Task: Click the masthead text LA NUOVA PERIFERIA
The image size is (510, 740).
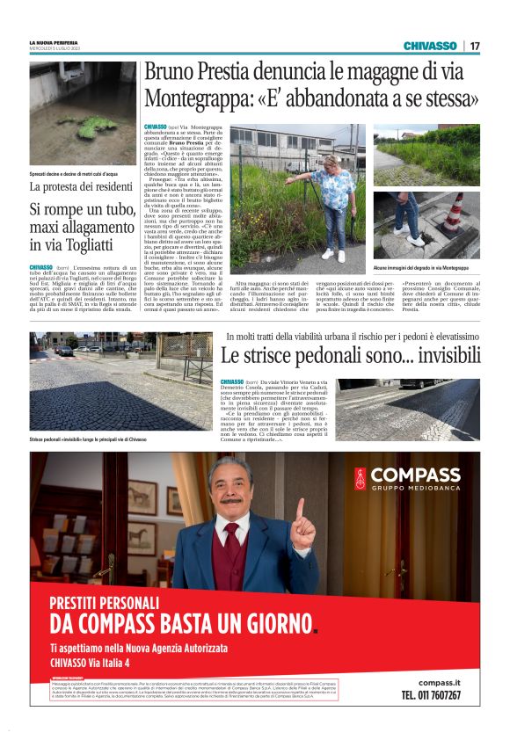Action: tap(54, 42)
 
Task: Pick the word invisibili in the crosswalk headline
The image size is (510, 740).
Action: tap(446, 356)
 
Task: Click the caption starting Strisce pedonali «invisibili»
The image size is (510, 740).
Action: tap(88, 438)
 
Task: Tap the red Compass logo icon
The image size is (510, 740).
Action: tap(361, 479)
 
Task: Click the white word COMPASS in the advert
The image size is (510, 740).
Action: tap(415, 475)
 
